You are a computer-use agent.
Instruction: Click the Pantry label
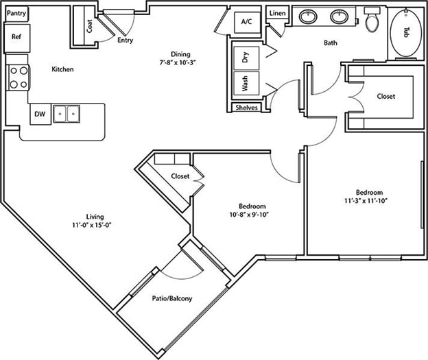tap(16, 13)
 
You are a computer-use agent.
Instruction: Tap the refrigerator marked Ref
tap(17, 38)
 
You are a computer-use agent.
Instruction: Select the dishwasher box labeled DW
tap(40, 114)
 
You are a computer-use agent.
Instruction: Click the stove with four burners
tap(18, 77)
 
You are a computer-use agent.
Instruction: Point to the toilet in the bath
tap(372, 19)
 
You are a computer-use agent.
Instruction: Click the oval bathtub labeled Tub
tap(405, 33)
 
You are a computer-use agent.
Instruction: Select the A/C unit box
tap(248, 23)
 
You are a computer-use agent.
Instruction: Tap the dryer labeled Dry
tap(246, 58)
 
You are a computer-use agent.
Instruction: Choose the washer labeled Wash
tap(246, 83)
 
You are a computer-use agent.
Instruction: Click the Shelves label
tap(246, 108)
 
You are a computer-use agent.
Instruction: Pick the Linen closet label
tap(277, 13)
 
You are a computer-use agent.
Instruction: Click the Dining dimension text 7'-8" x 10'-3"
tap(178, 62)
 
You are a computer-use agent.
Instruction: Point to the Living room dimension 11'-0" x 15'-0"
tap(93, 225)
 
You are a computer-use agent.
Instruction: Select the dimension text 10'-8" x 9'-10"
tap(250, 215)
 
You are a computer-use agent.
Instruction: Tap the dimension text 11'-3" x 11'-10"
tap(366, 201)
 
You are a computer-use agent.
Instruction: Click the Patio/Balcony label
tap(172, 298)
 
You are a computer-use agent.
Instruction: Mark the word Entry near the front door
tap(126, 40)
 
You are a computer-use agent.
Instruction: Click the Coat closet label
tap(89, 26)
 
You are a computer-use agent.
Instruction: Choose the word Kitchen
tap(62, 69)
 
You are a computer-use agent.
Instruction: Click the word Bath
tap(331, 43)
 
